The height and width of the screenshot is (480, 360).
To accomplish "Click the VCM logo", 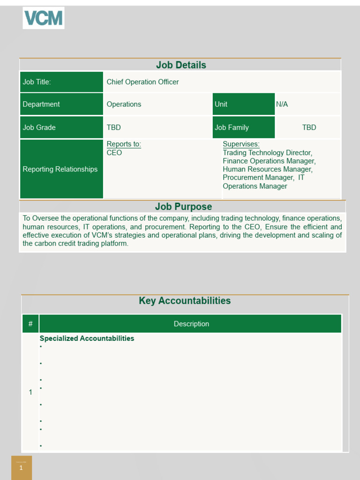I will click(44, 18).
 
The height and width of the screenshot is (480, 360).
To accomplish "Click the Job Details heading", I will click(180, 65).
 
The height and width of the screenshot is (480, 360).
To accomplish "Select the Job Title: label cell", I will click(61, 82).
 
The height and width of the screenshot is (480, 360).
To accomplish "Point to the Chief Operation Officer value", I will click(142, 82).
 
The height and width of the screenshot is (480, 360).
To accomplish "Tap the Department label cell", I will click(61, 104).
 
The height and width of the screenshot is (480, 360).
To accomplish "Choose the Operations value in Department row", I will click(124, 104).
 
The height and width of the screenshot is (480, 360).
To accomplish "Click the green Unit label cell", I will click(243, 104).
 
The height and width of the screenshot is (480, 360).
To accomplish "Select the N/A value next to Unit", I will click(282, 104).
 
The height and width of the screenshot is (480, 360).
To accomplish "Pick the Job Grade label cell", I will click(61, 127).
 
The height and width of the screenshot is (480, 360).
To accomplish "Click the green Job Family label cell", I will click(243, 127).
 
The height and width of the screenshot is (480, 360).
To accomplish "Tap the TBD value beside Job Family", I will click(309, 127).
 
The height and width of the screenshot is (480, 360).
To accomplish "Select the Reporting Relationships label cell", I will click(61, 169).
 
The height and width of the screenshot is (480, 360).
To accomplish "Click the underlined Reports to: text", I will click(124, 144).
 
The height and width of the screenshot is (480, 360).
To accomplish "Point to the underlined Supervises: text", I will click(241, 144).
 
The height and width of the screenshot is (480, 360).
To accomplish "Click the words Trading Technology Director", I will click(267, 153).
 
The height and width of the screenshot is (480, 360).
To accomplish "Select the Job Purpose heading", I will click(183, 207).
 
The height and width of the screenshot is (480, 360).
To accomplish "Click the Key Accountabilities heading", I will click(185, 301).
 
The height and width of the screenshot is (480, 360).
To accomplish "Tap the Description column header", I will click(191, 324).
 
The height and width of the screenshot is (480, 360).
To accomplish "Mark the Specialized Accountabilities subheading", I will click(87, 338).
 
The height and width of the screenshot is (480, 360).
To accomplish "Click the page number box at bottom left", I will click(22, 467).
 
